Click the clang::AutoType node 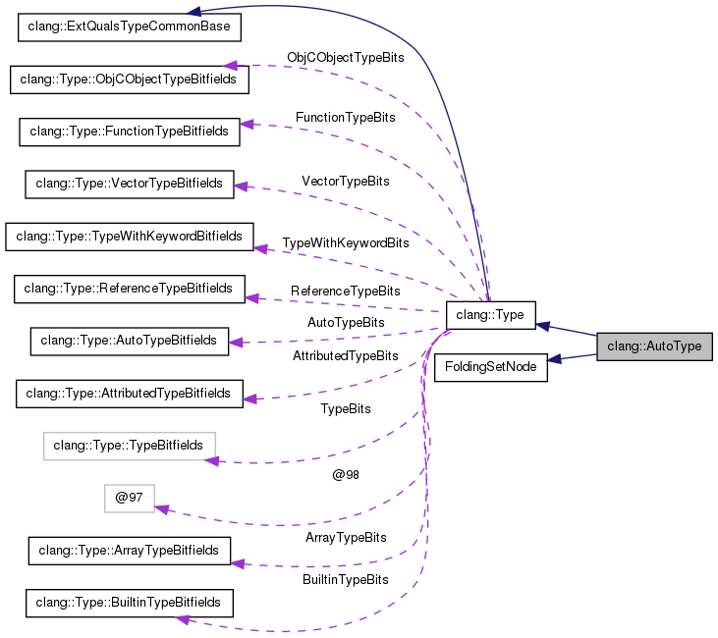(654, 346)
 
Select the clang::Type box (490, 315)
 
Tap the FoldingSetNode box (490, 367)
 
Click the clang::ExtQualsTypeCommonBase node (129, 27)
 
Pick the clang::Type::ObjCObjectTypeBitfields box (129, 80)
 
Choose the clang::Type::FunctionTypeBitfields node (129, 132)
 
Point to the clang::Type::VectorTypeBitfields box (129, 184)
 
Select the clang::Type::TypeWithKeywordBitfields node (129, 237)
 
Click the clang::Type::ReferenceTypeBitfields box (129, 289)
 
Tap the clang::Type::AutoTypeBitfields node (129, 341)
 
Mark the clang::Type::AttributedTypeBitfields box (129, 394)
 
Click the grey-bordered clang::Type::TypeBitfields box (129, 446)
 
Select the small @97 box (129, 499)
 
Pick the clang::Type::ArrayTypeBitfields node (129, 551)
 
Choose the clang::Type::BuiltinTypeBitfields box (129, 603)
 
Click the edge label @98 (346, 475)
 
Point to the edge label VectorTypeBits (346, 182)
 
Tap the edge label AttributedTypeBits (346, 355)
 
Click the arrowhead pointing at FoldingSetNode (555, 359)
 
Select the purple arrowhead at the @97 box (162, 509)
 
